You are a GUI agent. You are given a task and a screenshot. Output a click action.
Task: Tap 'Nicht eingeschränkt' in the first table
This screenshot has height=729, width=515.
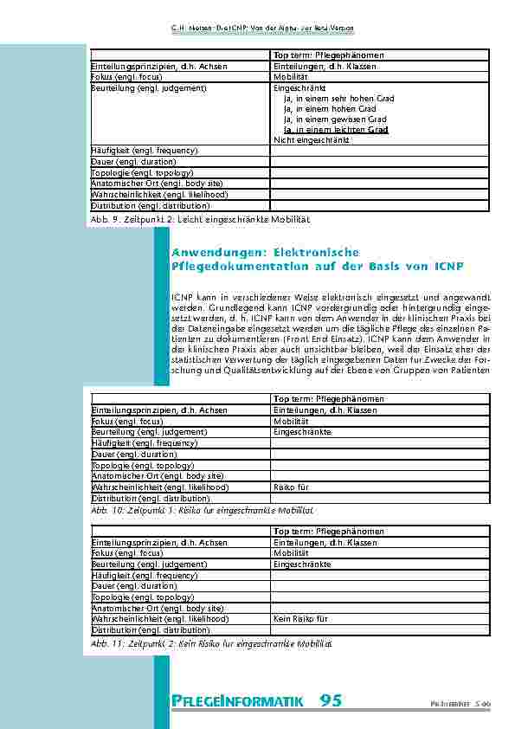[x=312, y=139]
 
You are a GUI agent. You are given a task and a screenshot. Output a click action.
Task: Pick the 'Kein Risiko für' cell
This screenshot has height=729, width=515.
[x=300, y=619]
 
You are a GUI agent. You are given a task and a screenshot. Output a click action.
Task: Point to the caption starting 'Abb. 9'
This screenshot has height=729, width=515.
[x=199, y=220]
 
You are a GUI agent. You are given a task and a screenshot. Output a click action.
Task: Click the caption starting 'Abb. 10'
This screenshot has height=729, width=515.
[x=202, y=511]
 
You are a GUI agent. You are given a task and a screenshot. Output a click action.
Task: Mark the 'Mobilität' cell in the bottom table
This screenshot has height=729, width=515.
[x=291, y=552]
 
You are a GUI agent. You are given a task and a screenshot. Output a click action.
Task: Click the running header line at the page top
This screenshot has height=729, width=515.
[x=257, y=29]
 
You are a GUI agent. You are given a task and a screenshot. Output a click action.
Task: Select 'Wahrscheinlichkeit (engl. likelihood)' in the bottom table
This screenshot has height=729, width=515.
[x=160, y=619]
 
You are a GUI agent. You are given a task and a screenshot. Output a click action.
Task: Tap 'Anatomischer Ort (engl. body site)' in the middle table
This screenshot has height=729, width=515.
[x=158, y=475]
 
